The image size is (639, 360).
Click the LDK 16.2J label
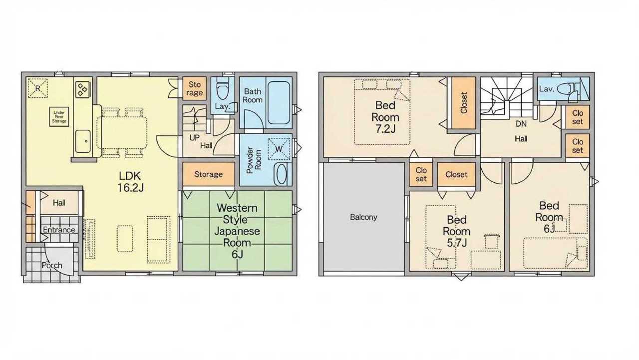131,181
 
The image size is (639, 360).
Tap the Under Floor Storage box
59,117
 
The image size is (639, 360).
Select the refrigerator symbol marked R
37,88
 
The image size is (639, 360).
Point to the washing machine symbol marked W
279,148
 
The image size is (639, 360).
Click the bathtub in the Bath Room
279,103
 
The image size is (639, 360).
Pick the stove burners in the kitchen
83,89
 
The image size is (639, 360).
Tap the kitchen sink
83,141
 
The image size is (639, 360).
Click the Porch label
52,265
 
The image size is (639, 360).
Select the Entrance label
59,230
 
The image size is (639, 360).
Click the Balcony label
363,217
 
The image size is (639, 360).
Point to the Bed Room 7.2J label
385,117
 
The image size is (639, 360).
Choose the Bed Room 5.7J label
456,231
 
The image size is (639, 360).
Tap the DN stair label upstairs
521,124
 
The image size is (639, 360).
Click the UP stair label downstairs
194,138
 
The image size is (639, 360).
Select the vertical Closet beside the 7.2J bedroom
464,103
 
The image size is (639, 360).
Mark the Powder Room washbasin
282,174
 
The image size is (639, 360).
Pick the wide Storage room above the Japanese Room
209,174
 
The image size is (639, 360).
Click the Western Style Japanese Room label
237,231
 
